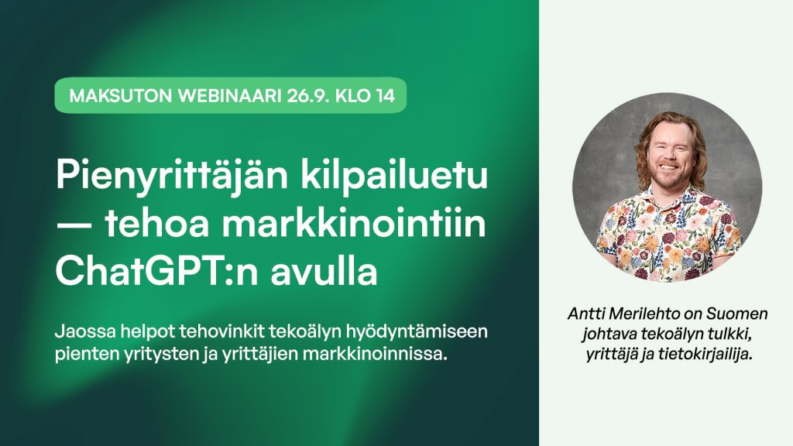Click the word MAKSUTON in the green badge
120,95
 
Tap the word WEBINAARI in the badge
229,95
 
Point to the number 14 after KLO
386,95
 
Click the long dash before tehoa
74,225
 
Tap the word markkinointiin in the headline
354,224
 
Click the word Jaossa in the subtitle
84,331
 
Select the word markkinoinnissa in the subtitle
376,353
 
